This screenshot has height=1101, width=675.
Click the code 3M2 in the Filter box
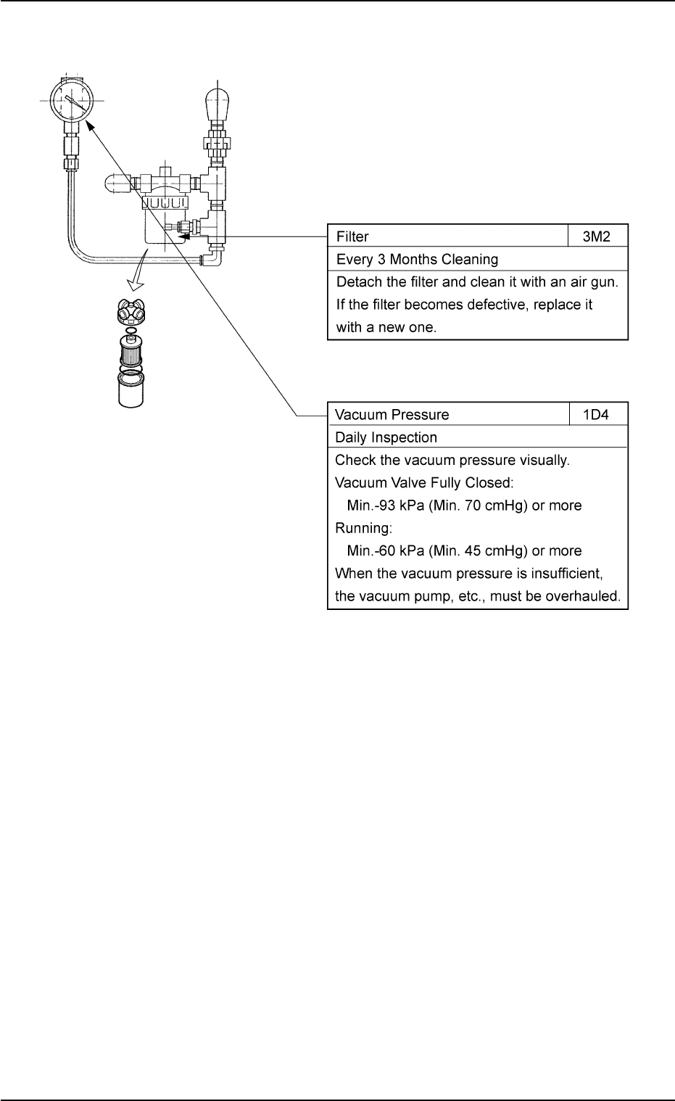click(x=598, y=236)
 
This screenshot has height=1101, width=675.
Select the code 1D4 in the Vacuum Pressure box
click(x=598, y=415)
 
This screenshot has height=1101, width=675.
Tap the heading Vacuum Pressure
click(x=392, y=415)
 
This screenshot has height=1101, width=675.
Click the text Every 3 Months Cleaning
click(x=417, y=259)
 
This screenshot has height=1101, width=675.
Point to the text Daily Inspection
click(x=386, y=437)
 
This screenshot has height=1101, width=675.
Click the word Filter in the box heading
click(x=352, y=236)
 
